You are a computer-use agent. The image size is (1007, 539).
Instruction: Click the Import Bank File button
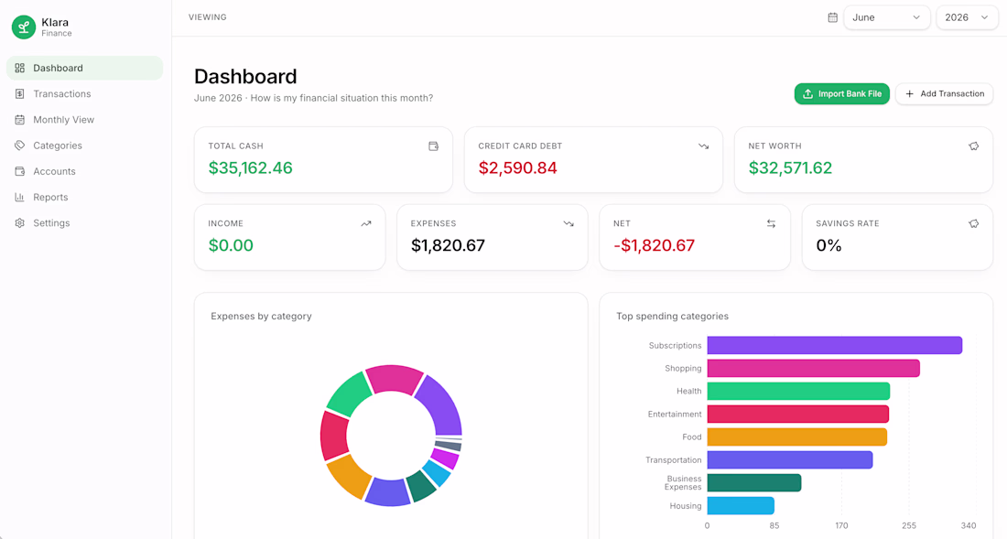pos(841,93)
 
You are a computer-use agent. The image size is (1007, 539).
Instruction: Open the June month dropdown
pos(886,17)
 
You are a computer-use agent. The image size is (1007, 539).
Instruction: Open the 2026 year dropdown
pos(967,17)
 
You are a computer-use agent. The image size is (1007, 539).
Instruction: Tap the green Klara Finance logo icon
pos(24,27)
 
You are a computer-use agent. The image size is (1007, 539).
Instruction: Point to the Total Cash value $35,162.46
pos(251,168)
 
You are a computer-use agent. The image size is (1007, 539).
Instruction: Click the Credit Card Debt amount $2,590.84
pos(517,168)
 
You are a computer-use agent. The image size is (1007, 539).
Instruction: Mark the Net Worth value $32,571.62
pos(790,168)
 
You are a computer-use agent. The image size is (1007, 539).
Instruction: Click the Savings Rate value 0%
pos(828,245)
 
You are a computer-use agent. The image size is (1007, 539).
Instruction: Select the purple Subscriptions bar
pos(834,345)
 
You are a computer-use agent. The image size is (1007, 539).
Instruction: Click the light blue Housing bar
pos(741,506)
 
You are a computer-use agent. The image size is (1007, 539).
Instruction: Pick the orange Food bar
pos(797,437)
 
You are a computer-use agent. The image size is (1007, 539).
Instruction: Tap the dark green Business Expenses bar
pos(754,482)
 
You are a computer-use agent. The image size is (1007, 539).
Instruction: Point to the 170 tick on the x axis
pos(841,525)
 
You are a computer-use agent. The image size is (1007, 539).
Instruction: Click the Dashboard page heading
pos(245,76)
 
